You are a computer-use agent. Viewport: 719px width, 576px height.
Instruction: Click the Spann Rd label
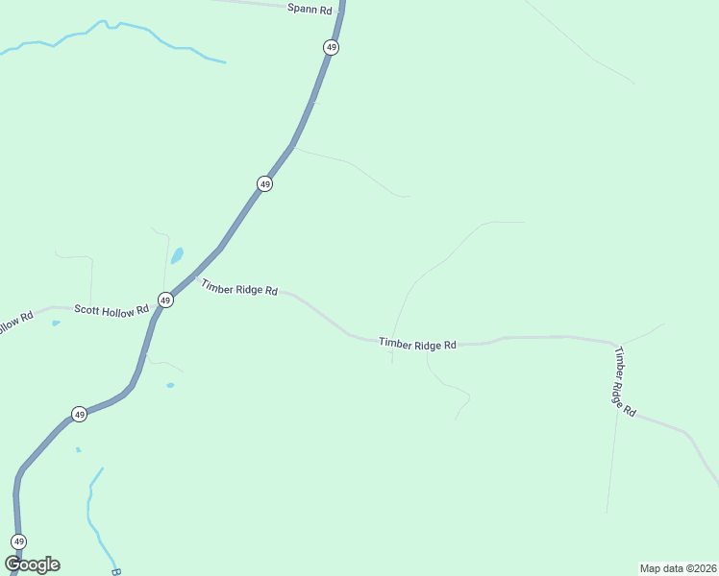point(310,8)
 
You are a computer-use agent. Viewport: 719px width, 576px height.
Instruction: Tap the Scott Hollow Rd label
point(112,310)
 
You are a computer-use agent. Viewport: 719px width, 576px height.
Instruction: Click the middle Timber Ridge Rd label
point(417,343)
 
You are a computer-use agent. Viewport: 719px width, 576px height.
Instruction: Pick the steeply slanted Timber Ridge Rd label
point(625,381)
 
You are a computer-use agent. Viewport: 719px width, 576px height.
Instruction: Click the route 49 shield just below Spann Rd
point(331,47)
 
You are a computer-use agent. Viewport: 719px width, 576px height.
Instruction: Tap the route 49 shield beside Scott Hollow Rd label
point(165,300)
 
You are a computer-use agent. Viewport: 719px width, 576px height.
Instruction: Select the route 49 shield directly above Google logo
point(19,541)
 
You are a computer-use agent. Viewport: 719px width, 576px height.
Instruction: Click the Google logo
point(33,564)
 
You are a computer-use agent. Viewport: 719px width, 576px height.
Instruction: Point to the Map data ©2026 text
point(677,568)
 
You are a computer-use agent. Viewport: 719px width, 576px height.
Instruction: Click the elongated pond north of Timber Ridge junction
point(177,256)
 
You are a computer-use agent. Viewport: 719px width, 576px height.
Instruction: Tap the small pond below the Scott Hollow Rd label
point(56,324)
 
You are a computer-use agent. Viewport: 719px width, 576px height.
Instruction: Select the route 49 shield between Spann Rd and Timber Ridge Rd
point(265,183)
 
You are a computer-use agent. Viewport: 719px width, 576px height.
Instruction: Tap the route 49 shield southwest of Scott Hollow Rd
point(80,415)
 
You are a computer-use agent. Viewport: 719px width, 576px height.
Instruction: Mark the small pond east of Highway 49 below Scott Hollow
point(170,386)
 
